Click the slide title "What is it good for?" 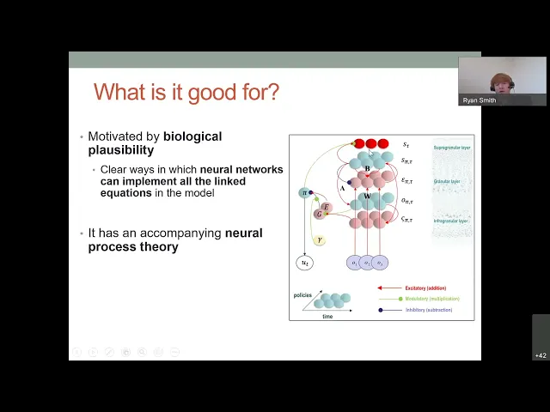click(x=186, y=92)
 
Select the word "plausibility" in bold click(x=121, y=150)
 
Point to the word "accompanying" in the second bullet click(x=184, y=233)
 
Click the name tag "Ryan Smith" click(x=480, y=100)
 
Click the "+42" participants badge click(x=541, y=355)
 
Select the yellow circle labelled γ click(x=319, y=240)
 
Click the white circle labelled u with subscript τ click(x=304, y=263)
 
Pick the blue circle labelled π click(x=304, y=193)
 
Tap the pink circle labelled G click(x=319, y=214)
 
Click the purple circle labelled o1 click(x=354, y=263)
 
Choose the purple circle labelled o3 click(x=380, y=263)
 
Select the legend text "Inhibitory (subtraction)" click(x=429, y=310)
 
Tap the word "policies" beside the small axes click(x=302, y=294)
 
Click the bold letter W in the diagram click(x=367, y=197)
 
